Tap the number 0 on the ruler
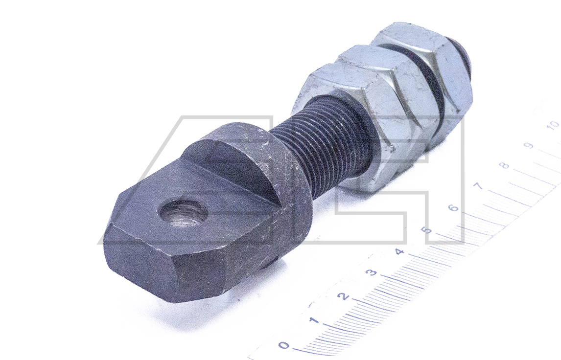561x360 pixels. point(284,345)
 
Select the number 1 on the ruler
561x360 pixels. point(314,320)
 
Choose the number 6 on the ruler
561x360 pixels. point(454,208)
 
